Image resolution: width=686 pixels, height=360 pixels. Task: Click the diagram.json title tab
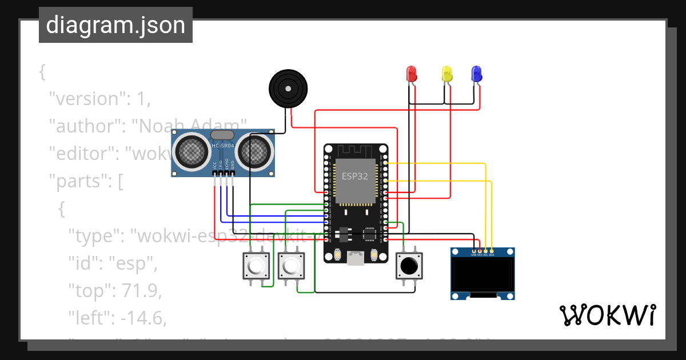115,25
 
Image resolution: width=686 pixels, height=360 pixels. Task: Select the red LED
412,74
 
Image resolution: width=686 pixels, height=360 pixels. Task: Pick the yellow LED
447,74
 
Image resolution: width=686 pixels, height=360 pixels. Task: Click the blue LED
476,74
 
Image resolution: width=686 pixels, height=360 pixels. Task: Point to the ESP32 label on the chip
355,176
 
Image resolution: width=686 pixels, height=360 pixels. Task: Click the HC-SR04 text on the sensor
223,146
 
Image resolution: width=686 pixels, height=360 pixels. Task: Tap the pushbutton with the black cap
409,266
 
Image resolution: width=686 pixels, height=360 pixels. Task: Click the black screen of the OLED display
482,274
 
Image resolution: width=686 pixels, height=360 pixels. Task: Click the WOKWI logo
607,315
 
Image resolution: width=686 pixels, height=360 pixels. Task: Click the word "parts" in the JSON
81,181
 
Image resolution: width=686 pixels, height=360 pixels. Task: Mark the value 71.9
141,291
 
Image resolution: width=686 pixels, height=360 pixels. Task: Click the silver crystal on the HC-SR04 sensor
222,135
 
